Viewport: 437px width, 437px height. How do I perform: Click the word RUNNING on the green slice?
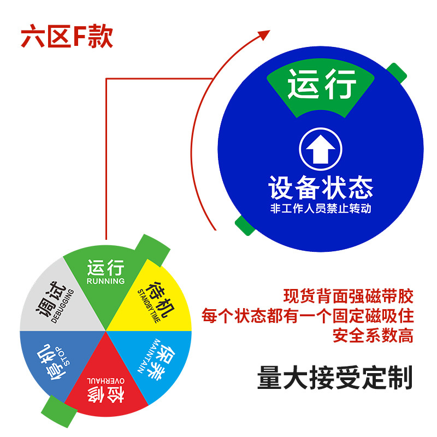tap(106, 281)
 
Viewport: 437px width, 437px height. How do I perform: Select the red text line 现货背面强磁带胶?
tap(349, 297)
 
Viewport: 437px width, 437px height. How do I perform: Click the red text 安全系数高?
tap(373, 334)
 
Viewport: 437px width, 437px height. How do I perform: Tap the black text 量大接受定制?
tap(334, 377)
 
